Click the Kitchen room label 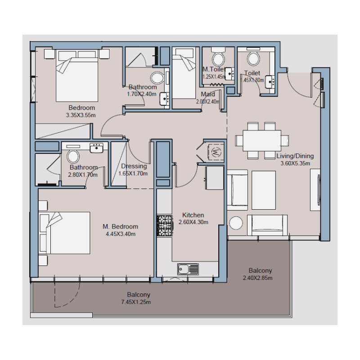coord(193,215)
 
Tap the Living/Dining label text coord(295,156)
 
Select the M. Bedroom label coord(120,226)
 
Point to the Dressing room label coord(134,166)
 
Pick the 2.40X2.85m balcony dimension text coord(260,278)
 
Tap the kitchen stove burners coord(164,225)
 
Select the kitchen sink coord(188,269)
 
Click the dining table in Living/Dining coord(262,141)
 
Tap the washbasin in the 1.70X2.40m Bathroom coord(164,98)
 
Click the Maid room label coord(208,94)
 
